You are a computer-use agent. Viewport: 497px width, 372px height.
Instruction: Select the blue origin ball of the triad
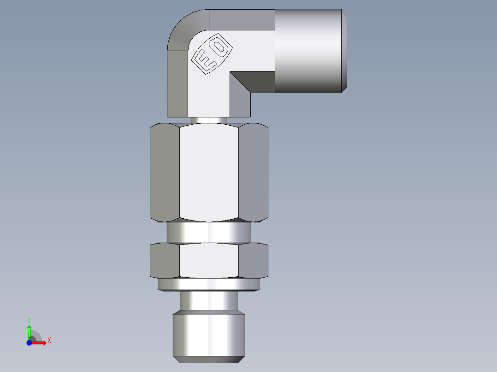(x=29, y=343)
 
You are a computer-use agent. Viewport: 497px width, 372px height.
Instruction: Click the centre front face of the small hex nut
(x=209, y=261)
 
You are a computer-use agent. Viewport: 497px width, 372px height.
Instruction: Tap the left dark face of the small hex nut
(x=165, y=261)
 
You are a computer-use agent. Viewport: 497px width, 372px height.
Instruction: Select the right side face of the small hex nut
(x=253, y=261)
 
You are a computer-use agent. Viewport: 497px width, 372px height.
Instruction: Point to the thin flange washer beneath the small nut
(x=209, y=285)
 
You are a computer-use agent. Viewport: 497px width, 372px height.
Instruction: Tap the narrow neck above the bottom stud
(x=209, y=302)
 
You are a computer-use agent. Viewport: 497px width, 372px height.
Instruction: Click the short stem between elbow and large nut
(x=209, y=120)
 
